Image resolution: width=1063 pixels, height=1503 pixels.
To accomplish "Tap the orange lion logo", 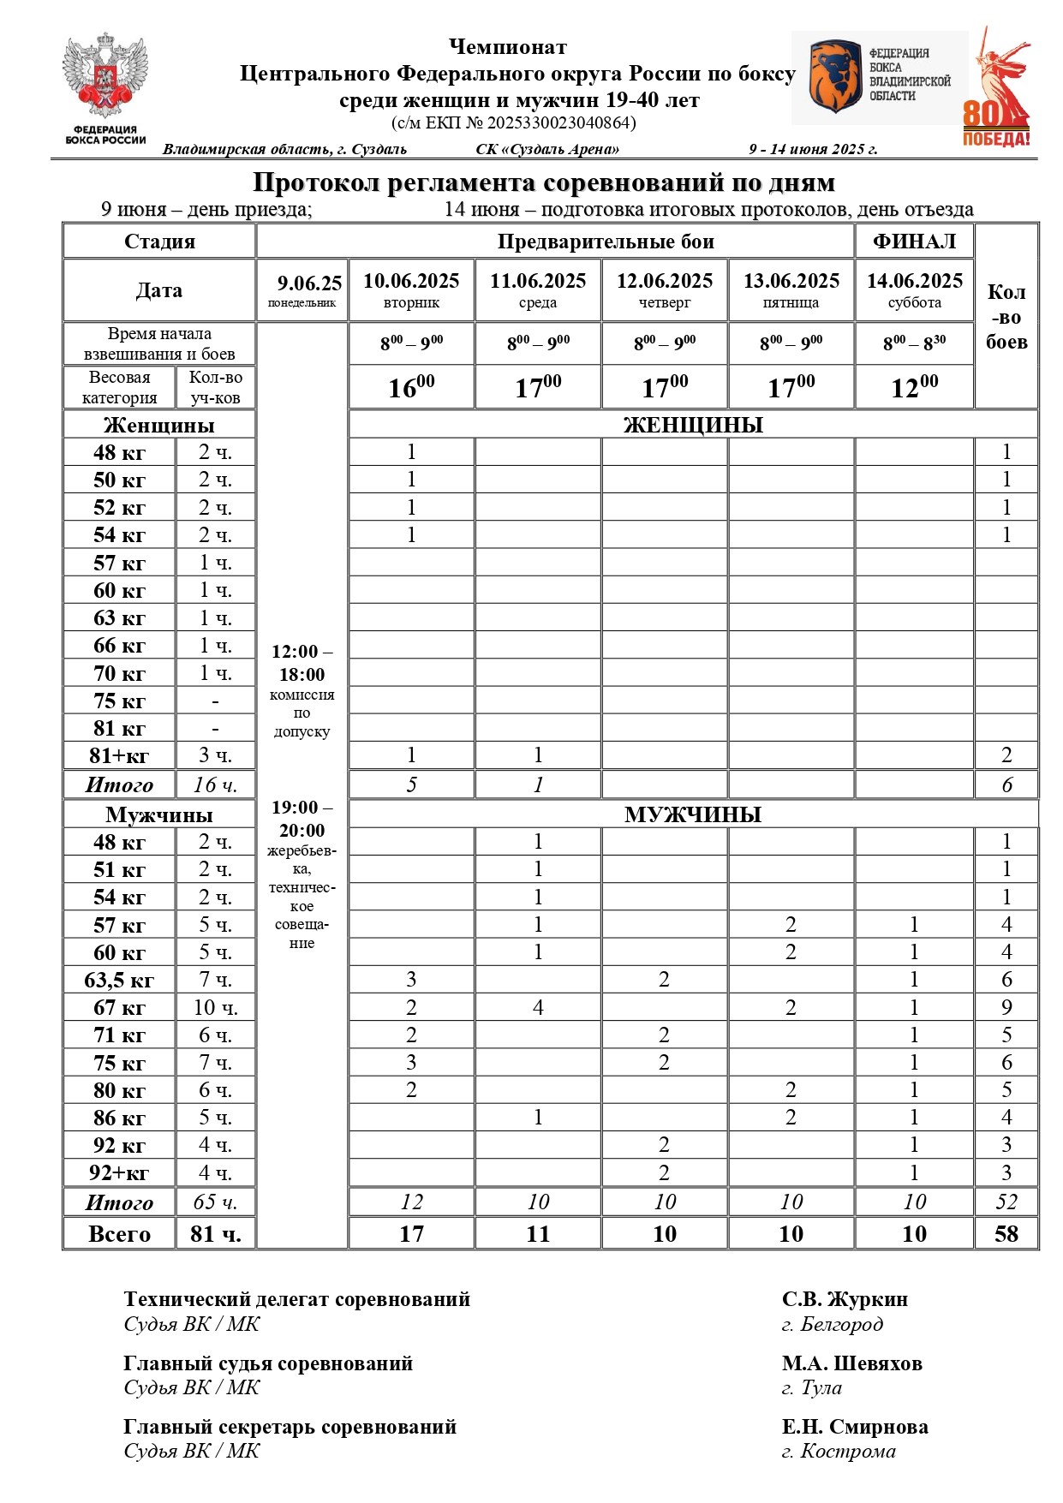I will pos(836,77).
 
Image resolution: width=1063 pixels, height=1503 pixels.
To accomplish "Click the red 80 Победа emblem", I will pos(999,90).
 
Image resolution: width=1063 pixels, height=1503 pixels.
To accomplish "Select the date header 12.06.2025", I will pos(665,281).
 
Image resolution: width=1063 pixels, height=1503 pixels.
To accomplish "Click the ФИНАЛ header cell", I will pos(914,242).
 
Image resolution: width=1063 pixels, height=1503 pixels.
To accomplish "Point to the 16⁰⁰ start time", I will pos(411,387).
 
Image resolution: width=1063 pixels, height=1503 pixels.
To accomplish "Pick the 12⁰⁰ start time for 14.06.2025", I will pos(914,387).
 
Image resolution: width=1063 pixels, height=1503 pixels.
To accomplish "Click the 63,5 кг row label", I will pos(119,980).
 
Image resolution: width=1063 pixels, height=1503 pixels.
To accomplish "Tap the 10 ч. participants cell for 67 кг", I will pos(215,1007).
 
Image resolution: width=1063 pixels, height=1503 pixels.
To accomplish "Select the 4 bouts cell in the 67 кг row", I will pos(538,1007).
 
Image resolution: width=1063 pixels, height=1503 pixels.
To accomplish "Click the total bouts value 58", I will pos(1006,1233).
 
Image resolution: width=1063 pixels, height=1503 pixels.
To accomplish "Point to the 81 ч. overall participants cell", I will pos(215,1233).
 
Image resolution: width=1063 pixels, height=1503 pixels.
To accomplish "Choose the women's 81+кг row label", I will pos(119,755).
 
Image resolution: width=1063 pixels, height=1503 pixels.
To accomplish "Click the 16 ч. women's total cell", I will pos(215,784).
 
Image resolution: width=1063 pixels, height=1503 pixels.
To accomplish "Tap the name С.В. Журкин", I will pos(845,1299).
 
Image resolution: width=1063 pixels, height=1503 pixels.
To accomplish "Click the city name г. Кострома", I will pos(839,1451).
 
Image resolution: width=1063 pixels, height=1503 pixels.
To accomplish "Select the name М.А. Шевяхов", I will pos(851,1363).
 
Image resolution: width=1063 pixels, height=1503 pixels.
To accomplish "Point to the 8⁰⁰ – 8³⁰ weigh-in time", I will pos(914,343).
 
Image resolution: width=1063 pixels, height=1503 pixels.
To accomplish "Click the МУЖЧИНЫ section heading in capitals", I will pos(693,814).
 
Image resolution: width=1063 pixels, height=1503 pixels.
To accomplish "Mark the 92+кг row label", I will pos(119,1172).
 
